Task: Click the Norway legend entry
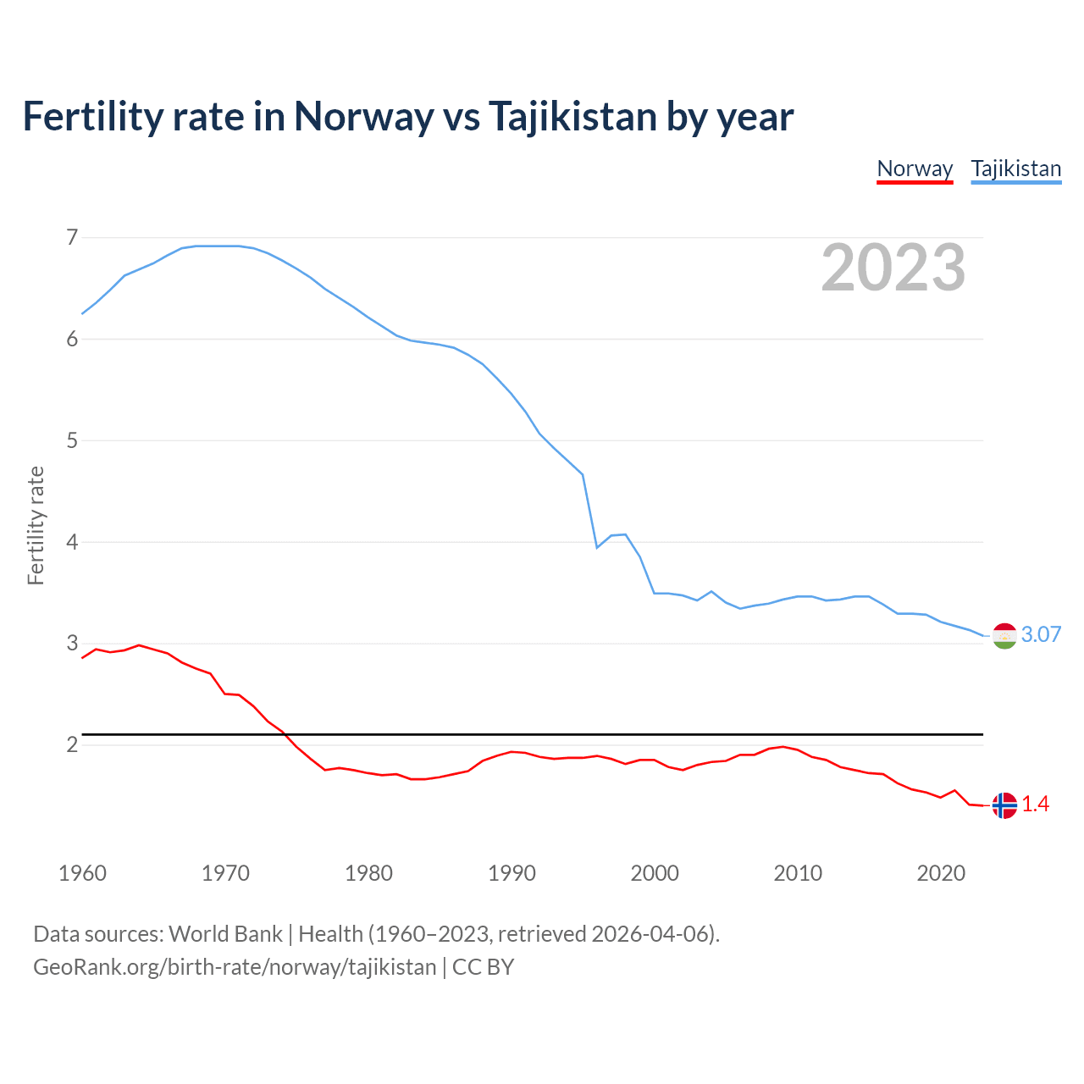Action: (915, 169)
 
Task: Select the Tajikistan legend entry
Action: (1015, 169)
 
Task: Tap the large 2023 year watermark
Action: (893, 268)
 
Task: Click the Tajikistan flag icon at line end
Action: (1004, 635)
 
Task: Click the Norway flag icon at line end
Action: (1004, 805)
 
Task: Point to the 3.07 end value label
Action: (1041, 635)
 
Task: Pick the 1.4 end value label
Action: (1035, 805)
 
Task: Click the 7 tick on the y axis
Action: (72, 237)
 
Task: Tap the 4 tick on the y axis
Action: (72, 542)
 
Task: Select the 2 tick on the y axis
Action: (72, 744)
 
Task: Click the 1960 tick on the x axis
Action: (82, 873)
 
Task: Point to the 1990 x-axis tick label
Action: (512, 873)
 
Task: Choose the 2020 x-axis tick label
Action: (941, 873)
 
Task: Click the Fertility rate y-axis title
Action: (36, 525)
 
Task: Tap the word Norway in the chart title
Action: (363, 117)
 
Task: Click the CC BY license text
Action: (483, 967)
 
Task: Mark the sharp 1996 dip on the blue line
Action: (597, 547)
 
